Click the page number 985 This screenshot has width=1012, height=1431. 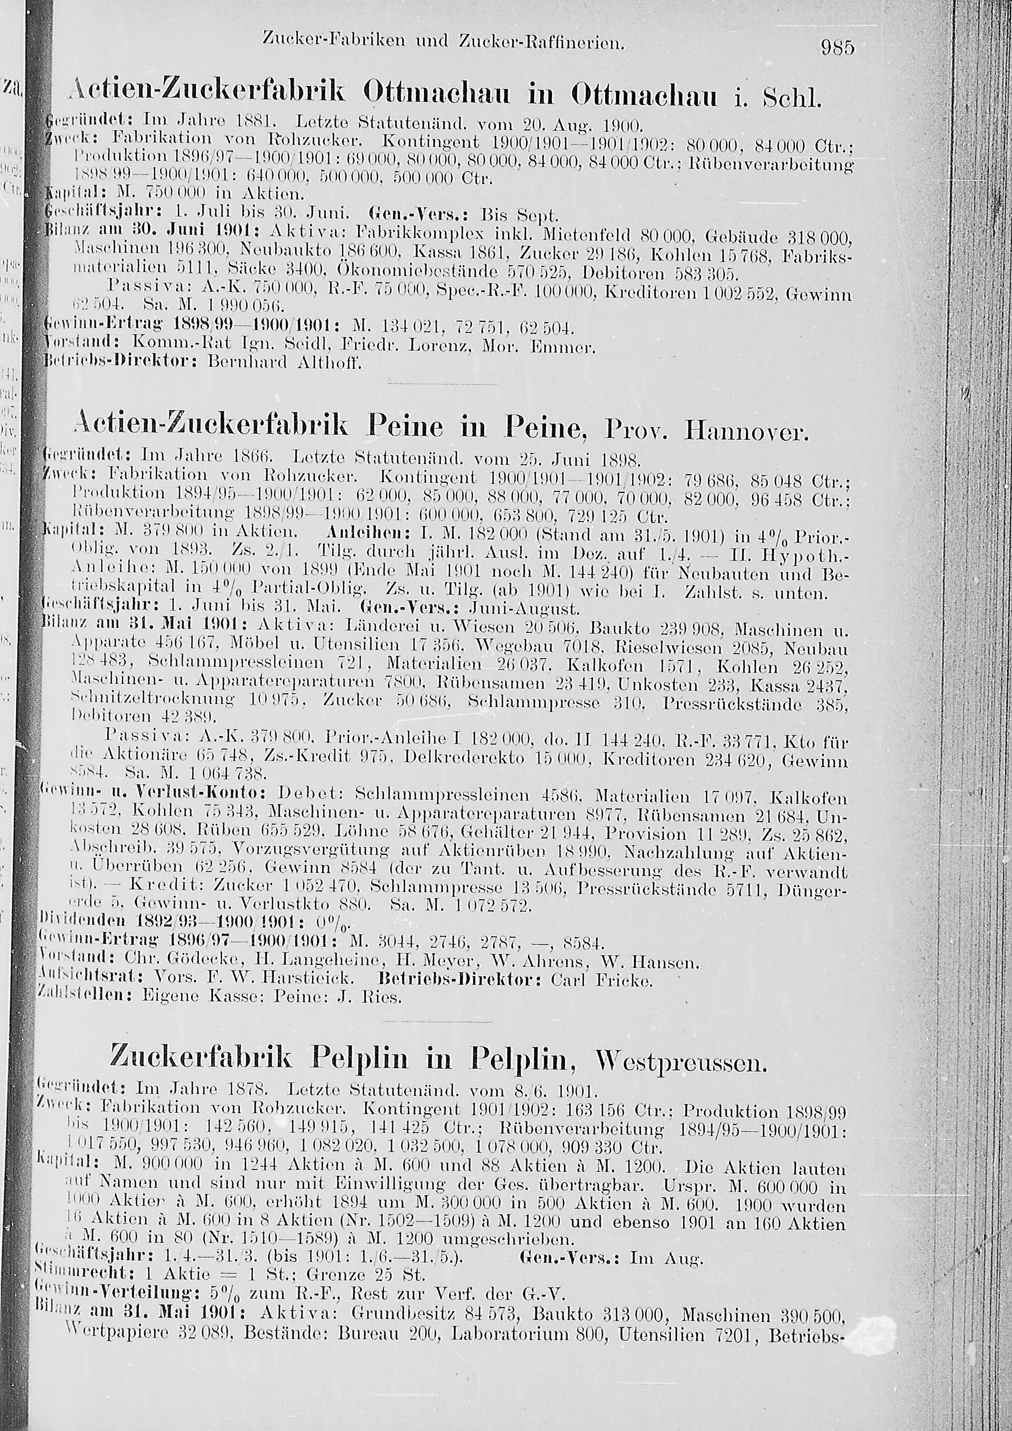click(838, 48)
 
